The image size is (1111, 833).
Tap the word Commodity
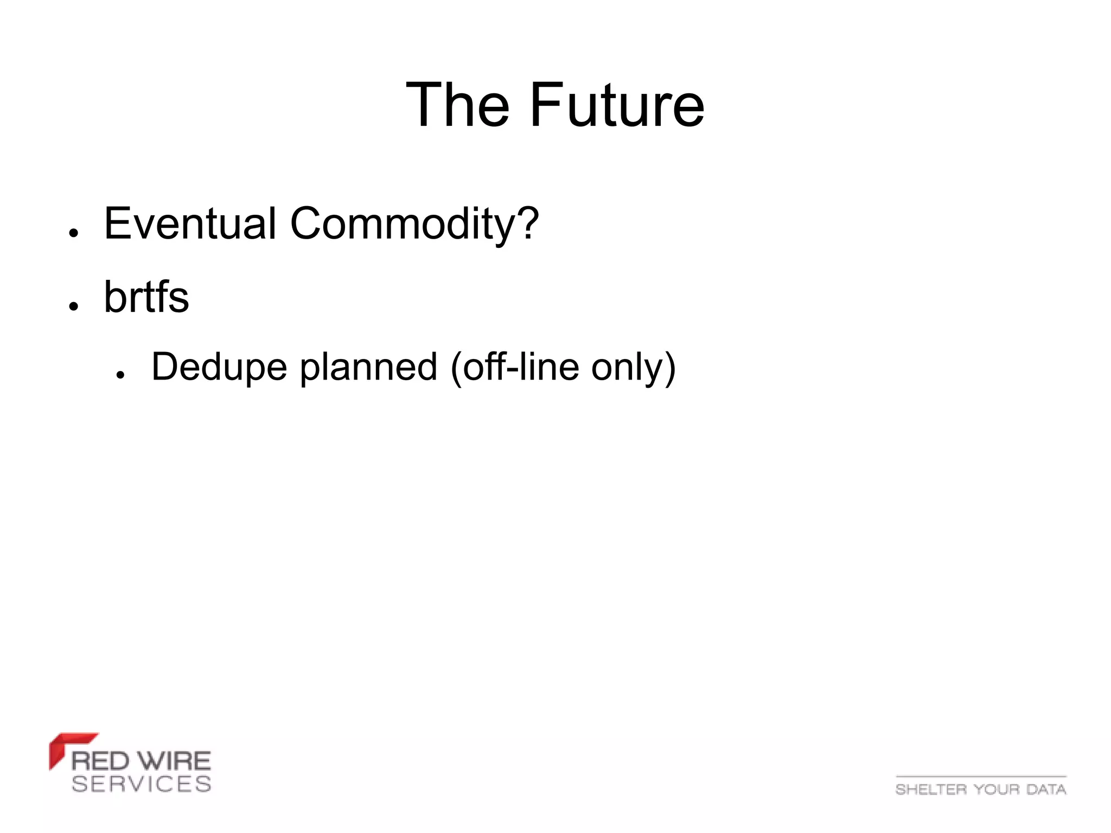[x=402, y=224]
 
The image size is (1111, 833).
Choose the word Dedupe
[x=219, y=367]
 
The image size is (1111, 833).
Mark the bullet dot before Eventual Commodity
[x=74, y=232]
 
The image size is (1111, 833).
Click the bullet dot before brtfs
[x=74, y=306]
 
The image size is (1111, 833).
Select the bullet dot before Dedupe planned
[x=120, y=375]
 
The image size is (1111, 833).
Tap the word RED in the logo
[x=100, y=761]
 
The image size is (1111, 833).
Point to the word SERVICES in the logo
[x=141, y=784]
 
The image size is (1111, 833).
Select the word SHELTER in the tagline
[x=931, y=789]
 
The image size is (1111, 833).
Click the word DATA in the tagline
[x=1046, y=789]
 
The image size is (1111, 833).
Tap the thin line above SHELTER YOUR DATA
[x=981, y=777]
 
